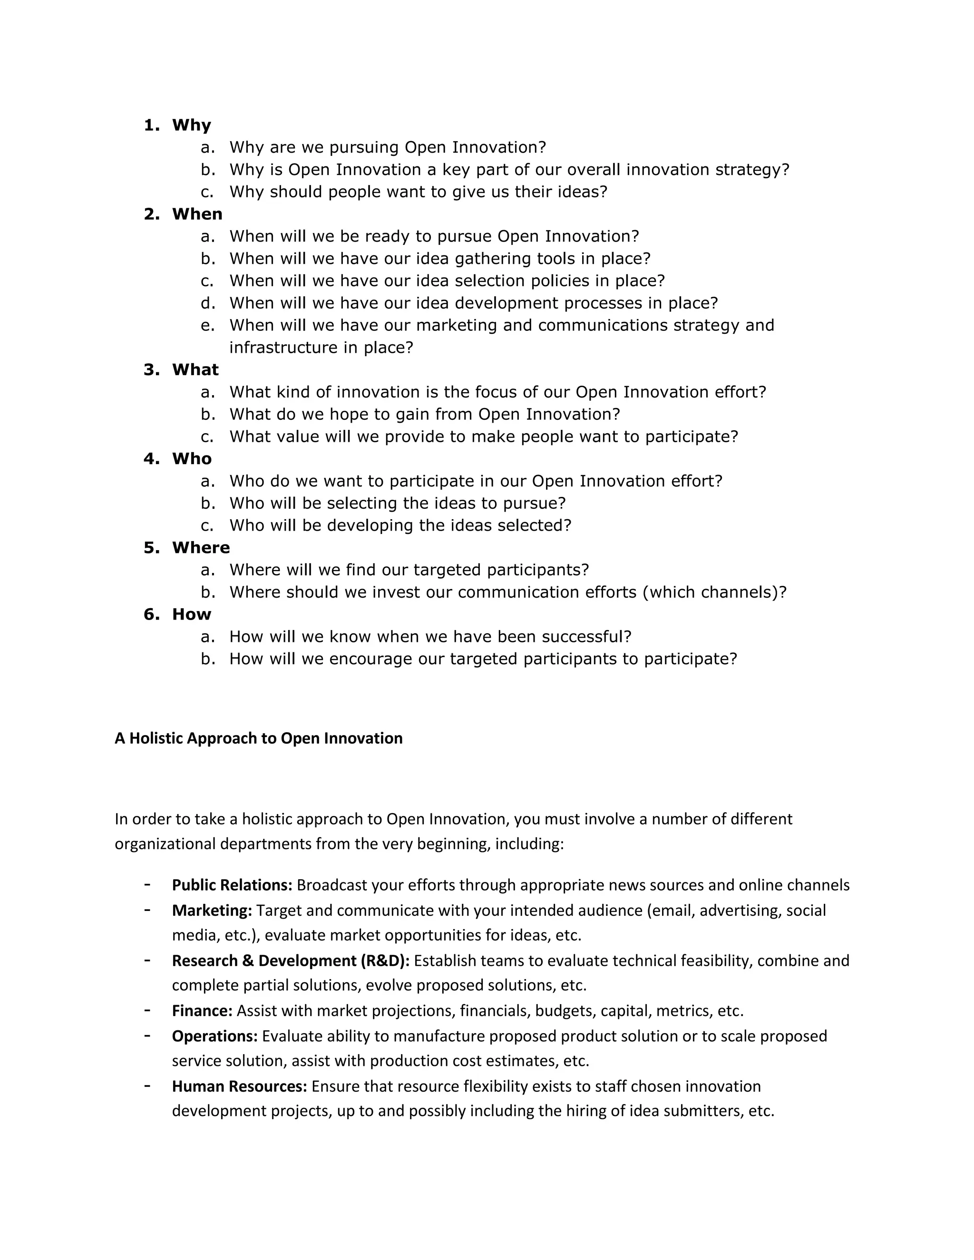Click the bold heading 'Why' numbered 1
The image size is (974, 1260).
pyautogui.click(x=191, y=125)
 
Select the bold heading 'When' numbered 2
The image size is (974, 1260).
pyautogui.click(x=197, y=214)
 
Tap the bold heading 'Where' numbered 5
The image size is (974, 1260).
pyautogui.click(x=200, y=547)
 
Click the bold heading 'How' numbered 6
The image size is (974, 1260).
pyautogui.click(x=191, y=614)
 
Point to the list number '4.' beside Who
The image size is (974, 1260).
pyautogui.click(x=151, y=459)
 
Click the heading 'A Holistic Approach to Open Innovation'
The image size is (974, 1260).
pyautogui.click(x=259, y=738)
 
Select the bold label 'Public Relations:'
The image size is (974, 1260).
pyautogui.click(x=232, y=885)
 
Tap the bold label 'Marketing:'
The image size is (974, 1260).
pyautogui.click(x=212, y=911)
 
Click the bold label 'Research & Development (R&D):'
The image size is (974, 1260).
pyautogui.click(x=291, y=960)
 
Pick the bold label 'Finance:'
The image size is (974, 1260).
pyautogui.click(x=202, y=1011)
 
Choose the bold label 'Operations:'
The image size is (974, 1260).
pyautogui.click(x=214, y=1036)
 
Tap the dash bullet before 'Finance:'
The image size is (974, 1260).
pyautogui.click(x=148, y=1009)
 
